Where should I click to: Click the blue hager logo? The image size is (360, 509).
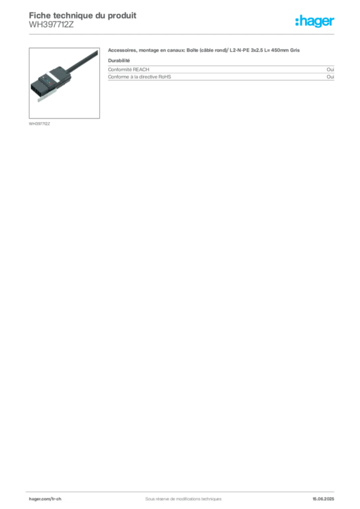tap(315, 21)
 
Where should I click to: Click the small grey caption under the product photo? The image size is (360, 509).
tap(40, 123)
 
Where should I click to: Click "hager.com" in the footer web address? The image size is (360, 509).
tap(39, 498)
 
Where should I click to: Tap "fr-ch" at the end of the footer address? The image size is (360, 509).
tap(56, 498)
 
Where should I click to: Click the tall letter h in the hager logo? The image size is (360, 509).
tap(300, 21)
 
